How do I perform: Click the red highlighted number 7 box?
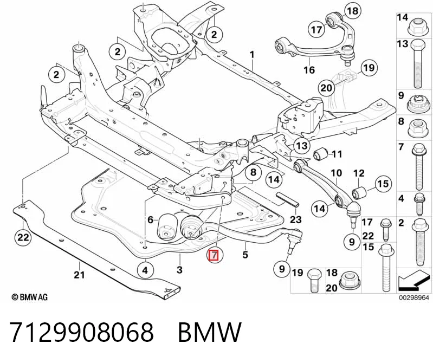click(214, 255)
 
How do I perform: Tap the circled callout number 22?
click(23, 237)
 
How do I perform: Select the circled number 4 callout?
click(145, 270)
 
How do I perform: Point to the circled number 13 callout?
click(302, 146)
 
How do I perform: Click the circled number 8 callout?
click(254, 173)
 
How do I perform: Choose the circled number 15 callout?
click(383, 184)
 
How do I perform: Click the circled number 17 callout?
click(316, 29)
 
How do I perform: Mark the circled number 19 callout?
click(369, 68)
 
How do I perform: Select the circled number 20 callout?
click(326, 88)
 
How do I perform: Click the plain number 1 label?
click(252, 55)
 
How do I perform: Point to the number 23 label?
click(295, 220)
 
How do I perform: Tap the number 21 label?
click(79, 275)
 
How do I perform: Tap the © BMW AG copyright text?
click(30, 297)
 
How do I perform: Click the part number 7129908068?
click(81, 332)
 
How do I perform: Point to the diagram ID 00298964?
click(413, 297)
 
